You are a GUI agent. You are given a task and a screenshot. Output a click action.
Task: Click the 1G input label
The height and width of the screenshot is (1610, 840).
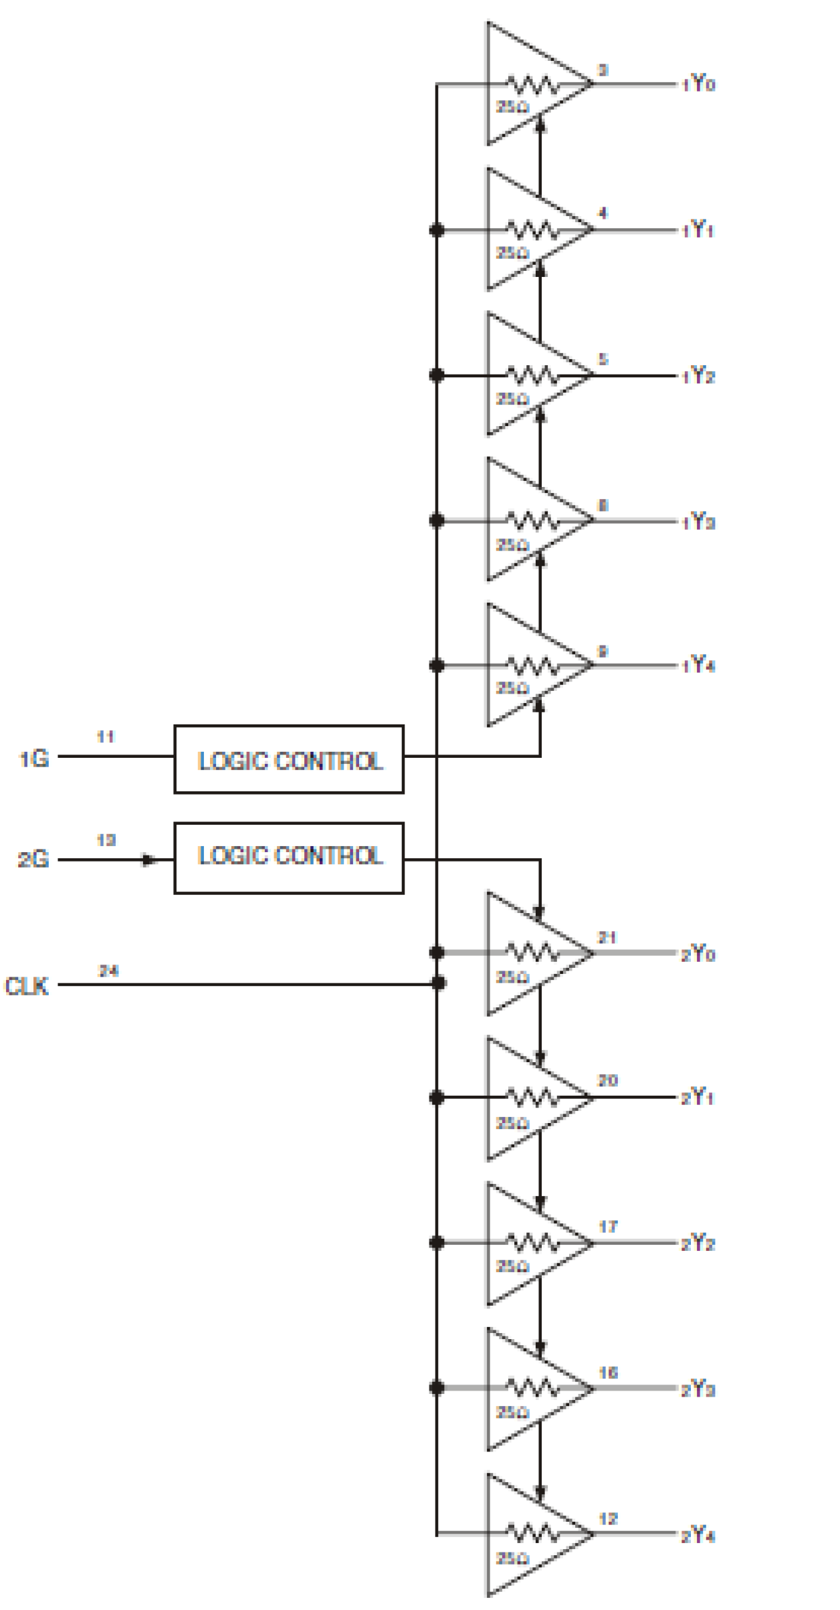[x=33, y=759]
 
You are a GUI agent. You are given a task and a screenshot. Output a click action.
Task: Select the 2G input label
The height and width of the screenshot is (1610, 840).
[x=33, y=859]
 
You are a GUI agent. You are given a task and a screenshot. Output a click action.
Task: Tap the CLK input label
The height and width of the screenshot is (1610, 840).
[x=27, y=986]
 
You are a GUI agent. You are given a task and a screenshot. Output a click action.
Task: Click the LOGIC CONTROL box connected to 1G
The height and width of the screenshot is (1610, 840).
[x=288, y=759]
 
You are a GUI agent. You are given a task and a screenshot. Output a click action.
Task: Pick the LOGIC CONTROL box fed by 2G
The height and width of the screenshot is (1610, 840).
[x=288, y=858]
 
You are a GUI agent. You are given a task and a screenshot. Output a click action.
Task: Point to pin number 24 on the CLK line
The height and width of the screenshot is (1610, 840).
[x=108, y=970]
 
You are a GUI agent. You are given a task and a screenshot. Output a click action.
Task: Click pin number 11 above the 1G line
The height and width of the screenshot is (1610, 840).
[x=105, y=736]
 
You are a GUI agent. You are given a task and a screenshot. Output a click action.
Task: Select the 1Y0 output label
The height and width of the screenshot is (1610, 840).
[x=698, y=84]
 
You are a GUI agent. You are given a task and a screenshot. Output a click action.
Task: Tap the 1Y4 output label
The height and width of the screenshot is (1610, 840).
[x=698, y=665]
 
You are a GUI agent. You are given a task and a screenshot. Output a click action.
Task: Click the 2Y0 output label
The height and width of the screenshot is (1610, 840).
[x=698, y=953]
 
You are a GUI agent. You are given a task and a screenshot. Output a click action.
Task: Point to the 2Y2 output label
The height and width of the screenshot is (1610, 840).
[x=698, y=1243]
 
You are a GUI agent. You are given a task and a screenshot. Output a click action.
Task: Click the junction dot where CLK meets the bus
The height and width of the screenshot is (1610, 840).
[x=439, y=983]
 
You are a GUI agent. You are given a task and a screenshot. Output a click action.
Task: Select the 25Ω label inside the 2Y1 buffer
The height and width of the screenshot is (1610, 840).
[x=512, y=1123]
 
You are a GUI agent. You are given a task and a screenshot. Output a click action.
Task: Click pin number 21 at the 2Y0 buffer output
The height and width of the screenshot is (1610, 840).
[x=607, y=937]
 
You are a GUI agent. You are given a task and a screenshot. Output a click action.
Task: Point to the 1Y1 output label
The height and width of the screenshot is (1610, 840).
[x=698, y=230]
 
